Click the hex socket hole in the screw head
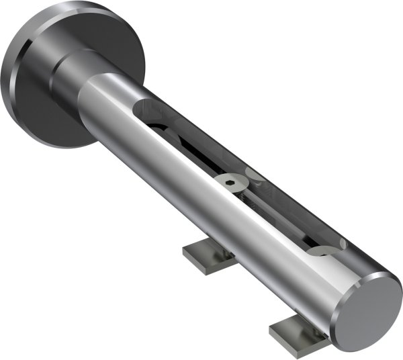(230, 180)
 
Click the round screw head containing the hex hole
(230, 181)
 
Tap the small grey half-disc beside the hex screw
(255, 176)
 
